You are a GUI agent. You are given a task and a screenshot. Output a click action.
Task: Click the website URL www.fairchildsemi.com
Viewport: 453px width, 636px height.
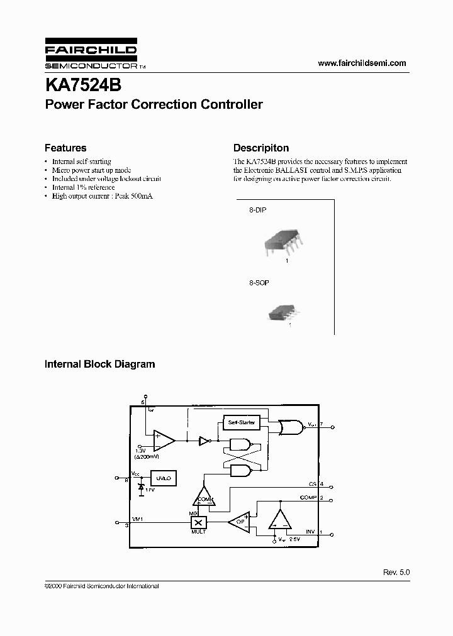362,63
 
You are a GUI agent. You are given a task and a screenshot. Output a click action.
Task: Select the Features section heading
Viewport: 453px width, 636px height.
65,148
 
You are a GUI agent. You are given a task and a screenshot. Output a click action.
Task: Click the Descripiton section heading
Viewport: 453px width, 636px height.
261,148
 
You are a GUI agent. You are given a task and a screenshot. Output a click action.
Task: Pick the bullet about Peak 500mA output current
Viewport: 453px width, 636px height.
102,196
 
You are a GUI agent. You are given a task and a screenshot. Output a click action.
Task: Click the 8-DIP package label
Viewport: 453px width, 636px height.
257,211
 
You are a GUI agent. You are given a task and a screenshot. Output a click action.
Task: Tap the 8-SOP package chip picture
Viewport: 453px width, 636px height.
284,312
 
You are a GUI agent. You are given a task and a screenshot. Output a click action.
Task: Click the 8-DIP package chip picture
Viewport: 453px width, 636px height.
284,241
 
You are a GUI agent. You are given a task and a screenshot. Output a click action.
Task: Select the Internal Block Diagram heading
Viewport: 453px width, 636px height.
99,364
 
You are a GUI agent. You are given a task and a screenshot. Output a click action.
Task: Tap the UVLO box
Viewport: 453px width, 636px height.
164,478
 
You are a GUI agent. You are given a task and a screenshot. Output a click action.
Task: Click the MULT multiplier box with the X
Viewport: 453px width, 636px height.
199,522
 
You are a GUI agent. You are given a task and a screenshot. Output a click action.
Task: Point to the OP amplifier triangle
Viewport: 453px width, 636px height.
239,522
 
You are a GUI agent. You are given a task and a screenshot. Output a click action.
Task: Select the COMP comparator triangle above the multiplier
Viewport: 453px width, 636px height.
204,497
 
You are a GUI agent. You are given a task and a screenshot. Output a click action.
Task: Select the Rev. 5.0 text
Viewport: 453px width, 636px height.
396,573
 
